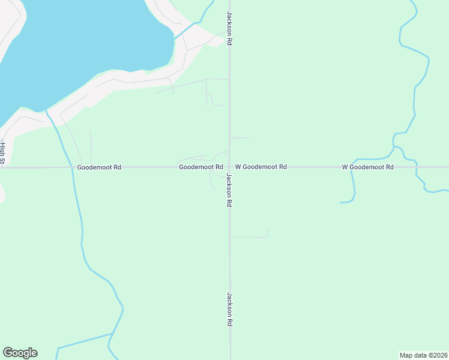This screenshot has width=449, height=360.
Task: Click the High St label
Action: (2, 154)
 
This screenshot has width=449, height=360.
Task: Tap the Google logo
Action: (20, 353)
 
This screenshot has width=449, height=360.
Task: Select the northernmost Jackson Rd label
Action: (229, 28)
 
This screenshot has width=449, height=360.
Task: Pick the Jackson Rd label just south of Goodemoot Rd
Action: (229, 190)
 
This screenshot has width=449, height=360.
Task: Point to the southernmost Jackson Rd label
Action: (229, 309)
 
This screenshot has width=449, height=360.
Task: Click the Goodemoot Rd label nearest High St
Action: (99, 167)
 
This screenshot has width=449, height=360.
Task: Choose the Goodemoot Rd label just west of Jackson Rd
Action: (201, 167)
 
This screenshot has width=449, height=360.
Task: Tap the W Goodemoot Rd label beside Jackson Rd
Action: (261, 167)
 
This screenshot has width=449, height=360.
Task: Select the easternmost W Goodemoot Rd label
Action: (367, 167)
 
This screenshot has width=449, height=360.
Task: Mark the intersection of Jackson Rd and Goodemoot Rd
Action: (229, 167)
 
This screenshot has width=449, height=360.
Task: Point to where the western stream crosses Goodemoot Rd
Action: (73, 167)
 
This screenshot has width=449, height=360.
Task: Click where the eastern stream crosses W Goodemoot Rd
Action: (352, 167)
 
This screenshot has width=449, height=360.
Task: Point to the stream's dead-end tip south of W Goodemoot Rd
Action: (340, 202)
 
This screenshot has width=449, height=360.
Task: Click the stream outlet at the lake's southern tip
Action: (46, 110)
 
